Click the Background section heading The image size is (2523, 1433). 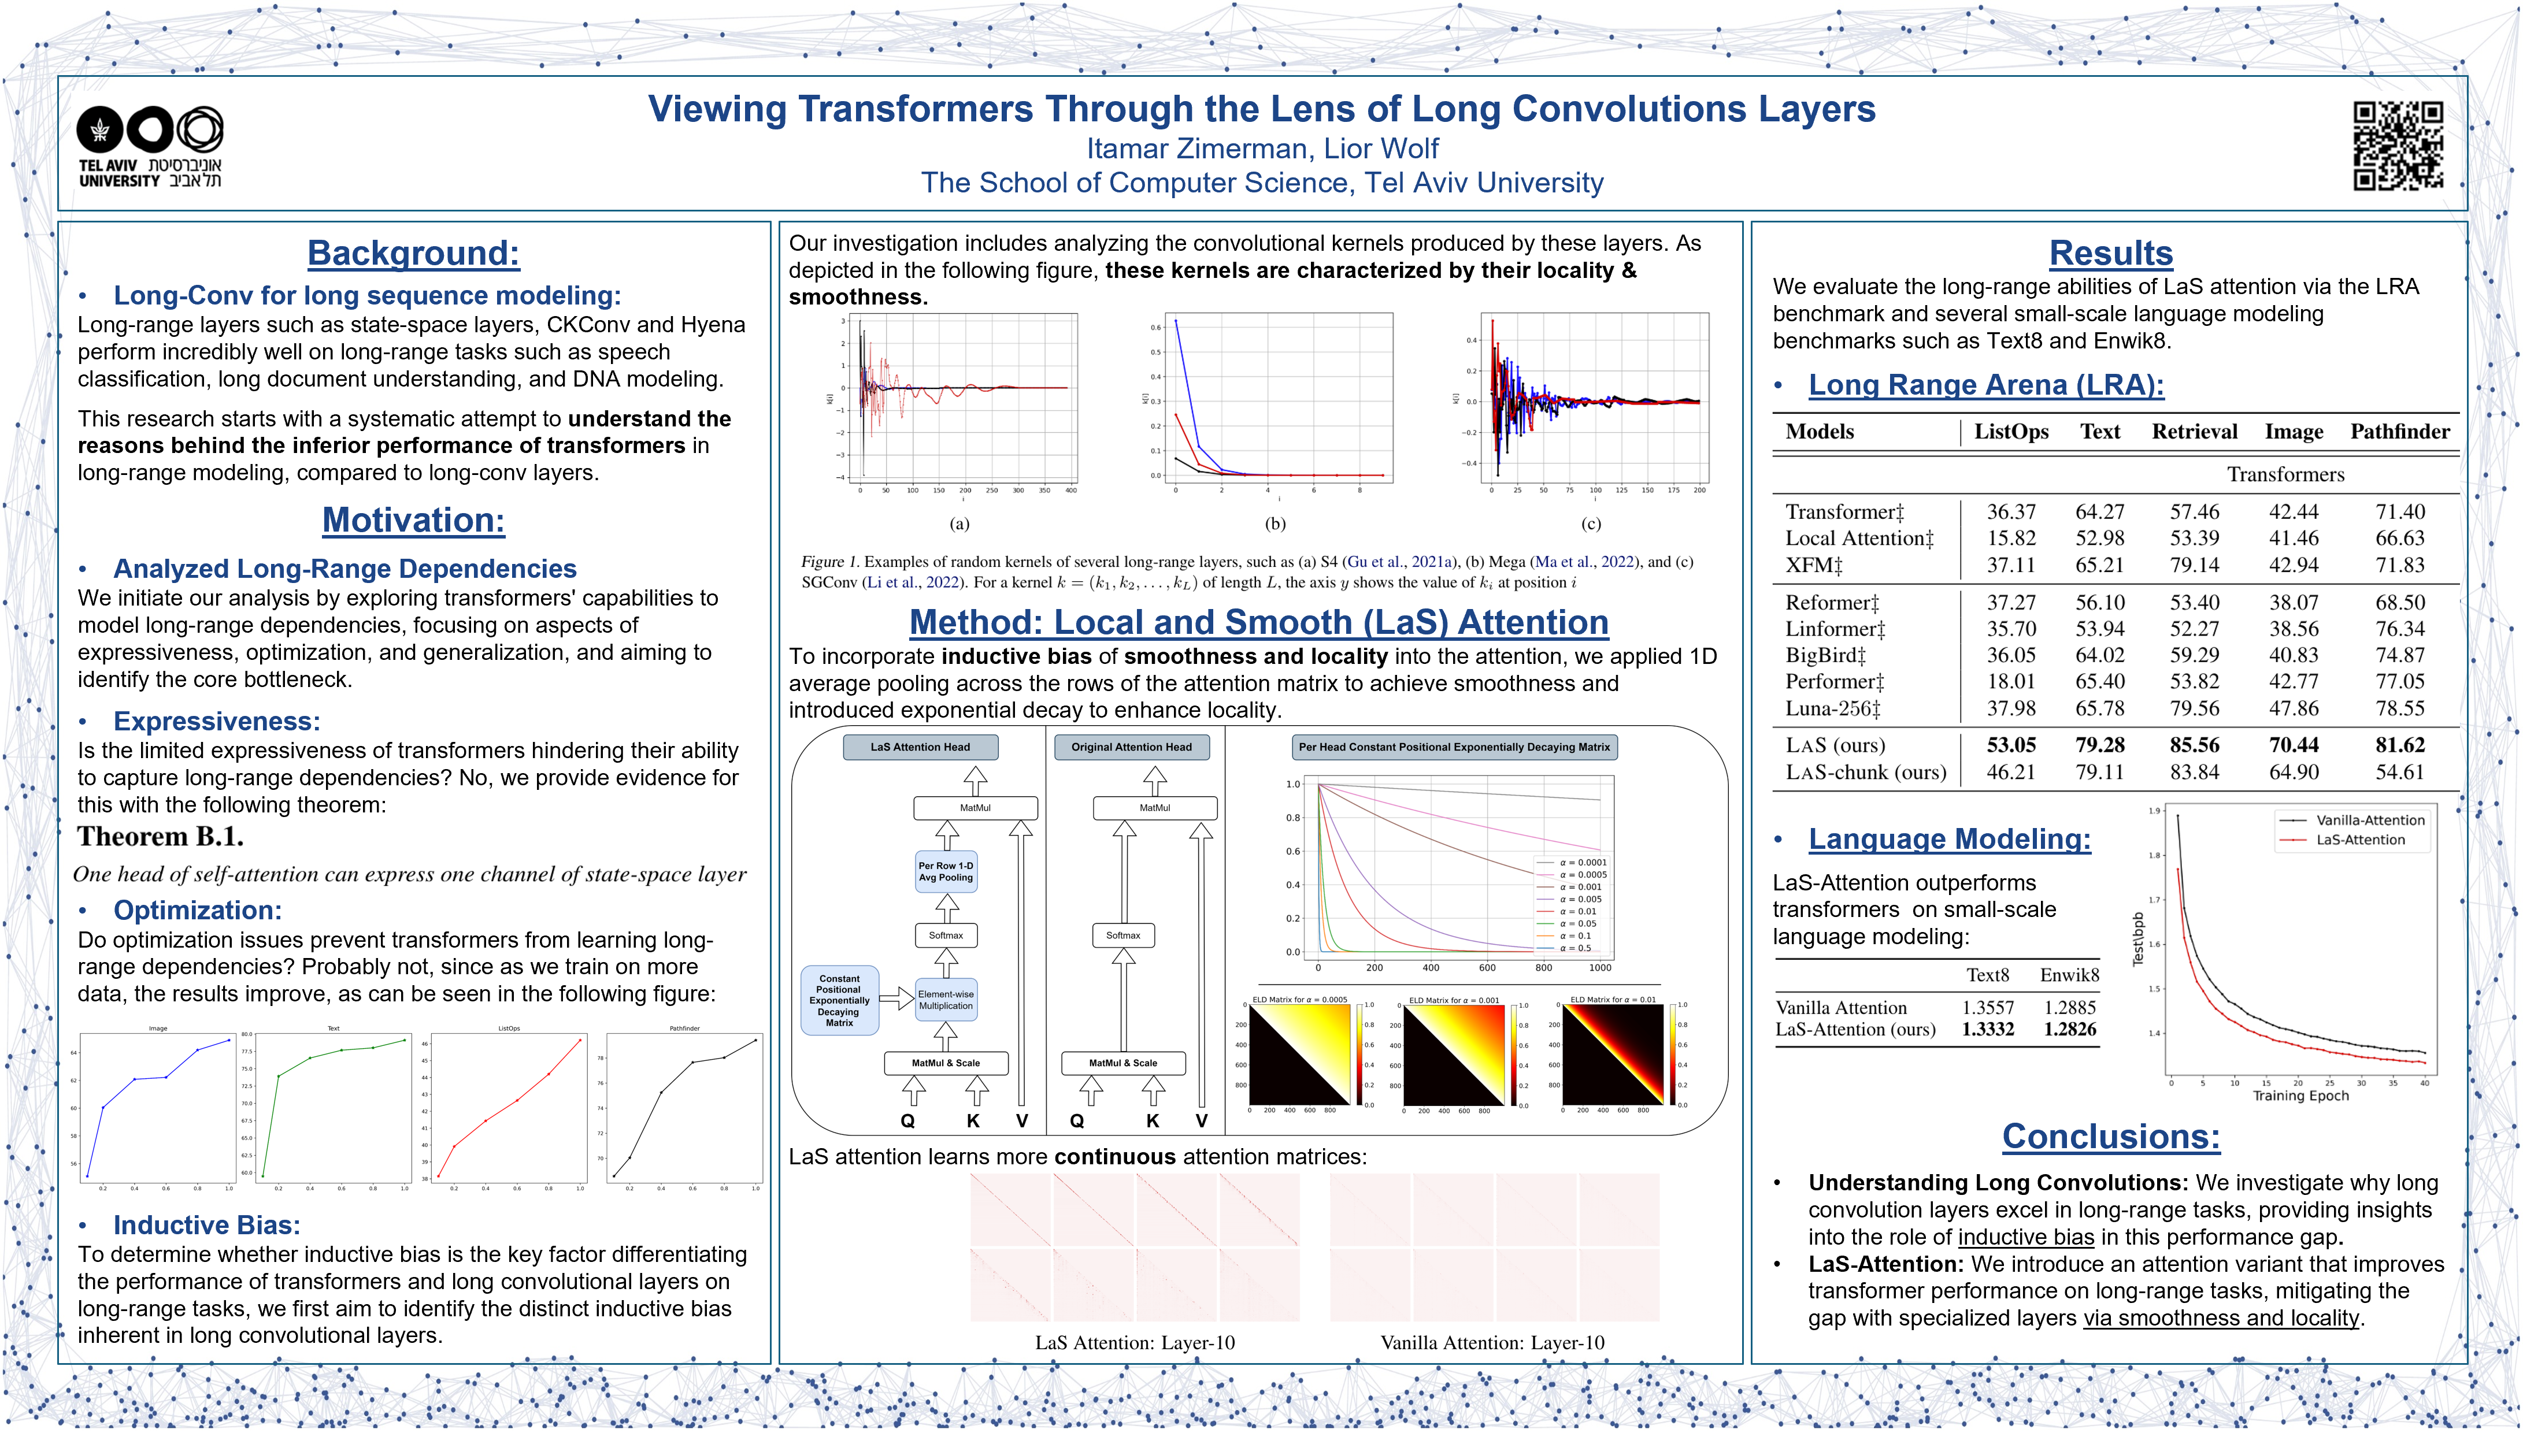[x=413, y=254]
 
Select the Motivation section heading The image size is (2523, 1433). [x=413, y=519]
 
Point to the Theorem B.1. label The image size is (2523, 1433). [x=161, y=837]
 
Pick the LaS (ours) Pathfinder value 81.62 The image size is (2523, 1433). [x=2399, y=745]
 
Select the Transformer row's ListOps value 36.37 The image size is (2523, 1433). [x=2011, y=512]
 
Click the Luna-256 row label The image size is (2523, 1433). [x=1833, y=708]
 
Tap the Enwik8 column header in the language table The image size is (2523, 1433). [x=2069, y=975]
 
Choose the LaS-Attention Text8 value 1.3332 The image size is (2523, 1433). [x=1988, y=1030]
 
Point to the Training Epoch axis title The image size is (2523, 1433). [x=2300, y=1096]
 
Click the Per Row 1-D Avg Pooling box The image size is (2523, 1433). [x=946, y=872]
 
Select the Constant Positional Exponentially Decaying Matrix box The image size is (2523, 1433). [x=840, y=1001]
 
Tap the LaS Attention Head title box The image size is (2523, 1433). [x=920, y=747]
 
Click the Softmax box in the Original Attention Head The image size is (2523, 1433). [x=1123, y=935]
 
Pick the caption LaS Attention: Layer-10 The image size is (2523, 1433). [x=1135, y=1342]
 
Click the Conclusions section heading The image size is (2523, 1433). [x=2110, y=1137]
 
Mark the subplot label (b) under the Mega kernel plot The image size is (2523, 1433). [x=1276, y=524]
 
